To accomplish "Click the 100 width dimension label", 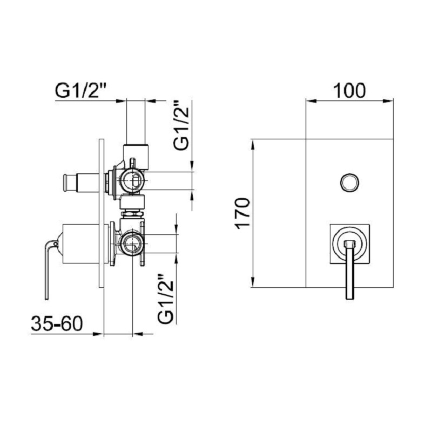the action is (349, 90).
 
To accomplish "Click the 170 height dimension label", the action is (242, 213).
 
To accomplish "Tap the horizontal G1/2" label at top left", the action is (81, 90).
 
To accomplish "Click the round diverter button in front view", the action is (349, 183).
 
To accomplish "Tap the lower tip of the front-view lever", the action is (349, 299).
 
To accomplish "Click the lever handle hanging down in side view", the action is (48, 270).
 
